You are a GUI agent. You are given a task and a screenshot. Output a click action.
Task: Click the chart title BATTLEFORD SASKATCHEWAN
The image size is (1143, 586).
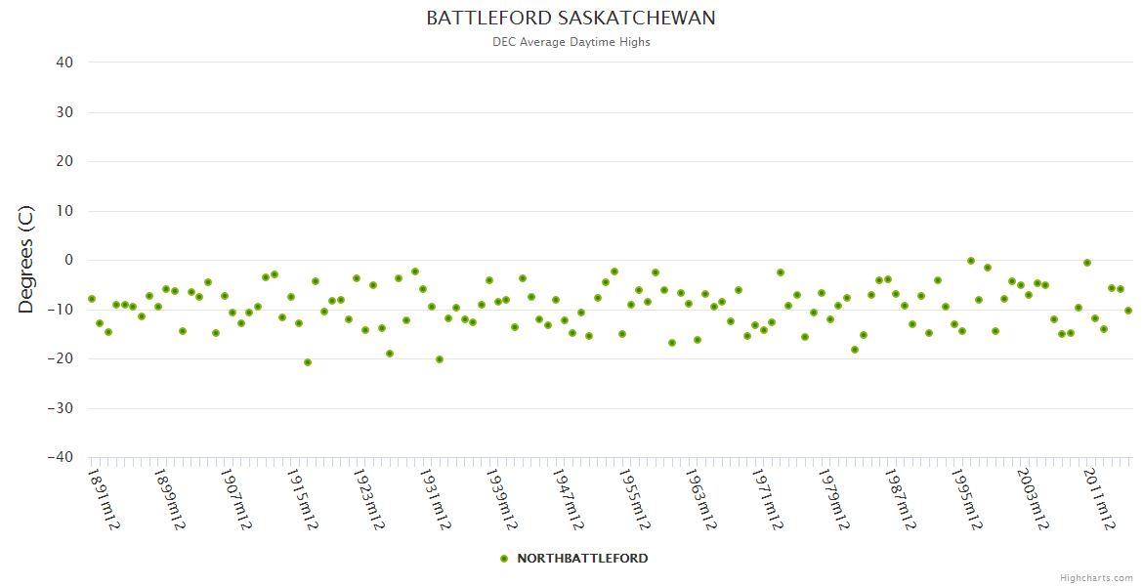[x=571, y=19]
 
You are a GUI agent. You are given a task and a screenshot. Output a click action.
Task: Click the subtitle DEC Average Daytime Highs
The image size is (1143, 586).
[x=571, y=42]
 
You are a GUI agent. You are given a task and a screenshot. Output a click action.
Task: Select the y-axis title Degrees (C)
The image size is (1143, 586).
[x=26, y=260]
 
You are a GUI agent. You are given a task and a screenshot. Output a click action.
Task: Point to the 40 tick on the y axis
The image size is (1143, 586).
[x=64, y=63]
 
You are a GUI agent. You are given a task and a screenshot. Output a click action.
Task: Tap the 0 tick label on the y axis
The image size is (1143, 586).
[x=69, y=260]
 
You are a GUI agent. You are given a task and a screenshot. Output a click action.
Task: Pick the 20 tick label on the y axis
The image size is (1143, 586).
[x=64, y=161]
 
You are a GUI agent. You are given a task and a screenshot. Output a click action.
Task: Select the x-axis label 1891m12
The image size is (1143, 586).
[x=104, y=499]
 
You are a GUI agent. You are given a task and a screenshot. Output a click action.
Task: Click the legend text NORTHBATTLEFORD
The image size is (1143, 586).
[x=582, y=559]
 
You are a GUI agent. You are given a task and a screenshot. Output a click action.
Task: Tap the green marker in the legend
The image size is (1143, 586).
[x=504, y=559]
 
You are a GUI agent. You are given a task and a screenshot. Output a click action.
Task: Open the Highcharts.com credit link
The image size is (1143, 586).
[x=1096, y=578]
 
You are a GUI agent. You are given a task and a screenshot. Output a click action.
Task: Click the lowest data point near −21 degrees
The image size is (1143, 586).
[x=308, y=362]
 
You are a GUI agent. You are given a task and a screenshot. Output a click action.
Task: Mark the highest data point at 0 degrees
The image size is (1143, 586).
[x=971, y=261]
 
